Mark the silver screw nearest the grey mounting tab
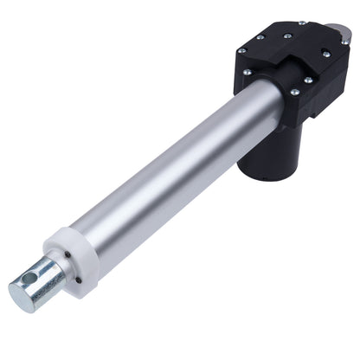[x=325, y=53]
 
